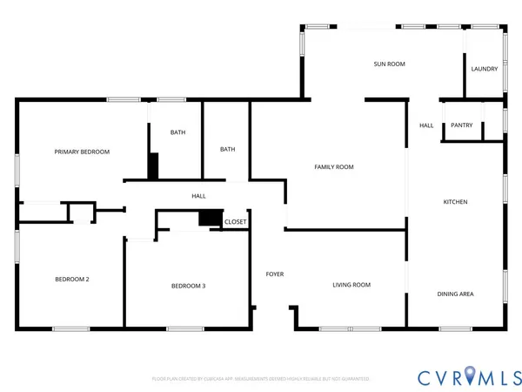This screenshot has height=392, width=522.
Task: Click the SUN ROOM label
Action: pos(389,64)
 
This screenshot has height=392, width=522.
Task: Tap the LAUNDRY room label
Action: pos(484,69)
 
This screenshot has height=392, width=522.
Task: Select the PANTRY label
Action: pos(462,125)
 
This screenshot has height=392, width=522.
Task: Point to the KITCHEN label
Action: pos(455,202)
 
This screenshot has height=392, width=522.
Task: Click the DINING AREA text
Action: pos(454,294)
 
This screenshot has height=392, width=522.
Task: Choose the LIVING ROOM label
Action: pos(351,285)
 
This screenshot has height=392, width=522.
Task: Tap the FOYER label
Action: pos(275,274)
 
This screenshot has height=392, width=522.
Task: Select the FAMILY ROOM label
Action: pos(333,166)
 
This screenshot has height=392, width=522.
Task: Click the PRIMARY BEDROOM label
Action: pos(82,152)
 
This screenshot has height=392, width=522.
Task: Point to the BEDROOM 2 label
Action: pos(72,279)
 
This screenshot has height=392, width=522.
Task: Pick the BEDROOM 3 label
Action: pos(188,286)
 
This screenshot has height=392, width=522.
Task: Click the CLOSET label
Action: pos(235,222)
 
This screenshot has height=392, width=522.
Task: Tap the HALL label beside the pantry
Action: pos(426,125)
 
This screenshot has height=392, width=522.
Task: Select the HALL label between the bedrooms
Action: pos(198,197)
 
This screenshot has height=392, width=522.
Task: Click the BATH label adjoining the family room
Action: pos(227,149)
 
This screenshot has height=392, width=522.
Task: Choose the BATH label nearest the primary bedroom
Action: pos(177,132)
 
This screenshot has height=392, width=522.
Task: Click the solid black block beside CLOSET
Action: pos(210,219)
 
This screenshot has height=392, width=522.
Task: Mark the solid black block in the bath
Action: pos(153,166)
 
